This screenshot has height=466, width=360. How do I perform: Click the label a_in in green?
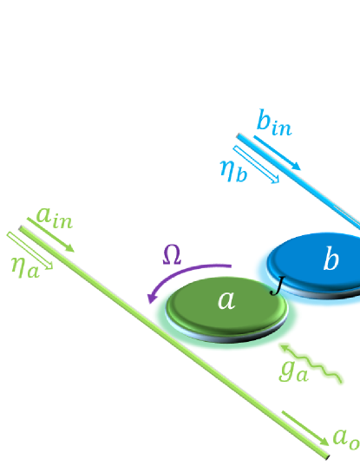tap(55, 217)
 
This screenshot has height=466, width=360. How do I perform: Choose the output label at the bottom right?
tap(345, 439)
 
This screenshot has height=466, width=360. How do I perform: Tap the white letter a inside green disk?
tap(226, 300)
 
